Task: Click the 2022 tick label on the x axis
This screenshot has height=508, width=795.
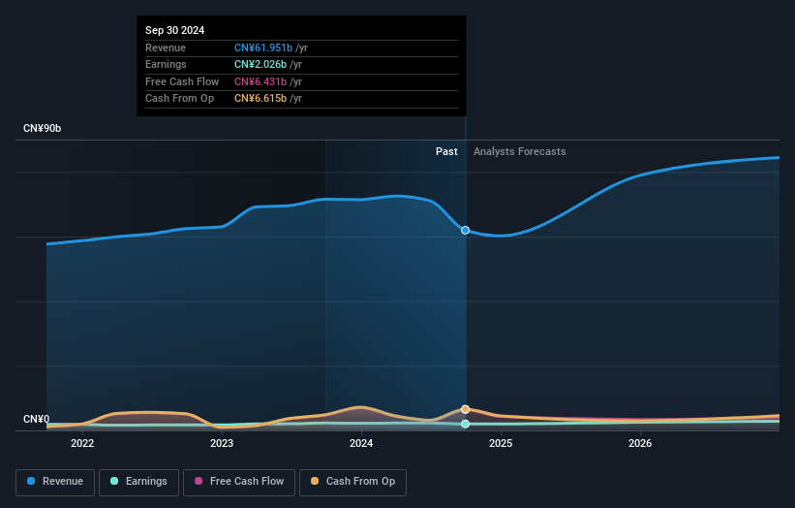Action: (x=82, y=443)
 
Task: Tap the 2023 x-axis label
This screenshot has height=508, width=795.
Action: (x=222, y=443)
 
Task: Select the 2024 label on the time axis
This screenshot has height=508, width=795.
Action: (x=361, y=443)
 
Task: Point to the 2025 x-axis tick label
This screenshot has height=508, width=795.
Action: (x=501, y=443)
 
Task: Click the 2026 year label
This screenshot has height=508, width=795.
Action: (x=640, y=443)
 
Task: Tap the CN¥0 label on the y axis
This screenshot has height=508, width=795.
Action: (x=36, y=419)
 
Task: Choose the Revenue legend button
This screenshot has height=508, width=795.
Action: (x=55, y=481)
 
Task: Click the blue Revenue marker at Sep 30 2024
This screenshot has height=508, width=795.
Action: (x=466, y=231)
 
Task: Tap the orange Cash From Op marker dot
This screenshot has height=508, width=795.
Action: (x=466, y=409)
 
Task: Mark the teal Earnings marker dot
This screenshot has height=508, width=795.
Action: (x=466, y=424)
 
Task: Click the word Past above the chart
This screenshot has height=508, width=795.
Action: (x=446, y=151)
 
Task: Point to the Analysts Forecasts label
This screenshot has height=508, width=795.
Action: (x=519, y=151)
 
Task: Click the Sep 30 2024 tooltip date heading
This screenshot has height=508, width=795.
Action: (x=175, y=31)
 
